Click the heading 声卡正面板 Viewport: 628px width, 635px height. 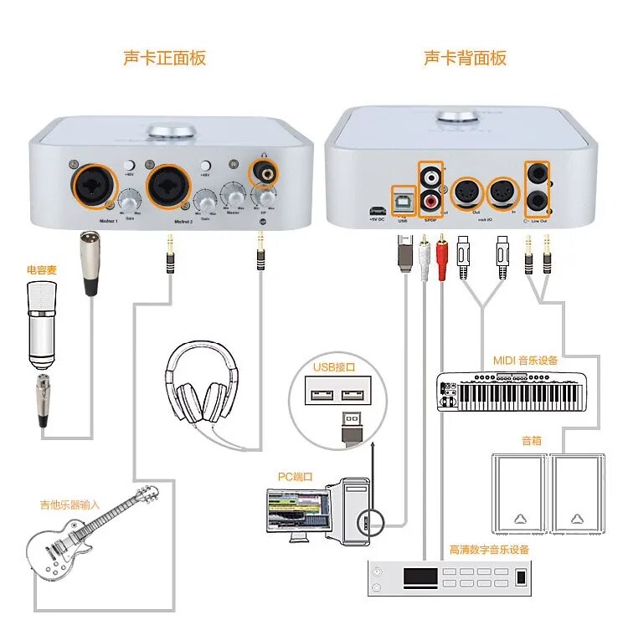pyautogui.click(x=164, y=58)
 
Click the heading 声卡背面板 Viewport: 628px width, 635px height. pyautogui.click(x=465, y=58)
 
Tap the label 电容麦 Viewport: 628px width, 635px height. pyautogui.click(x=41, y=269)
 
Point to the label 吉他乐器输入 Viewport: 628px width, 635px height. pyautogui.click(x=69, y=504)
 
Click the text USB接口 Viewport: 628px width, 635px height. pyautogui.click(x=335, y=366)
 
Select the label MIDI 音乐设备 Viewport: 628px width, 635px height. pyautogui.click(x=525, y=361)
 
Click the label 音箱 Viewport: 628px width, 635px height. pyautogui.click(x=532, y=439)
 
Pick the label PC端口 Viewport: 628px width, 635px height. pyautogui.click(x=295, y=476)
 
